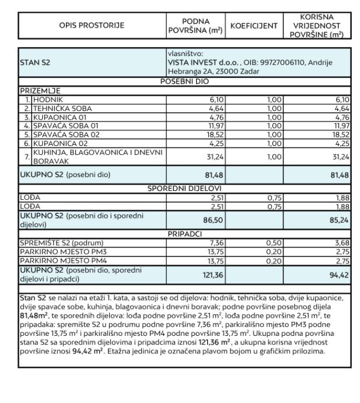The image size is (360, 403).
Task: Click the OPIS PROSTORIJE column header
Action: [92, 25]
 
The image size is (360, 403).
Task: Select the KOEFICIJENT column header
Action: [254, 25]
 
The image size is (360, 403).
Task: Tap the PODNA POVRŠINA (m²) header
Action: [196, 25]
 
